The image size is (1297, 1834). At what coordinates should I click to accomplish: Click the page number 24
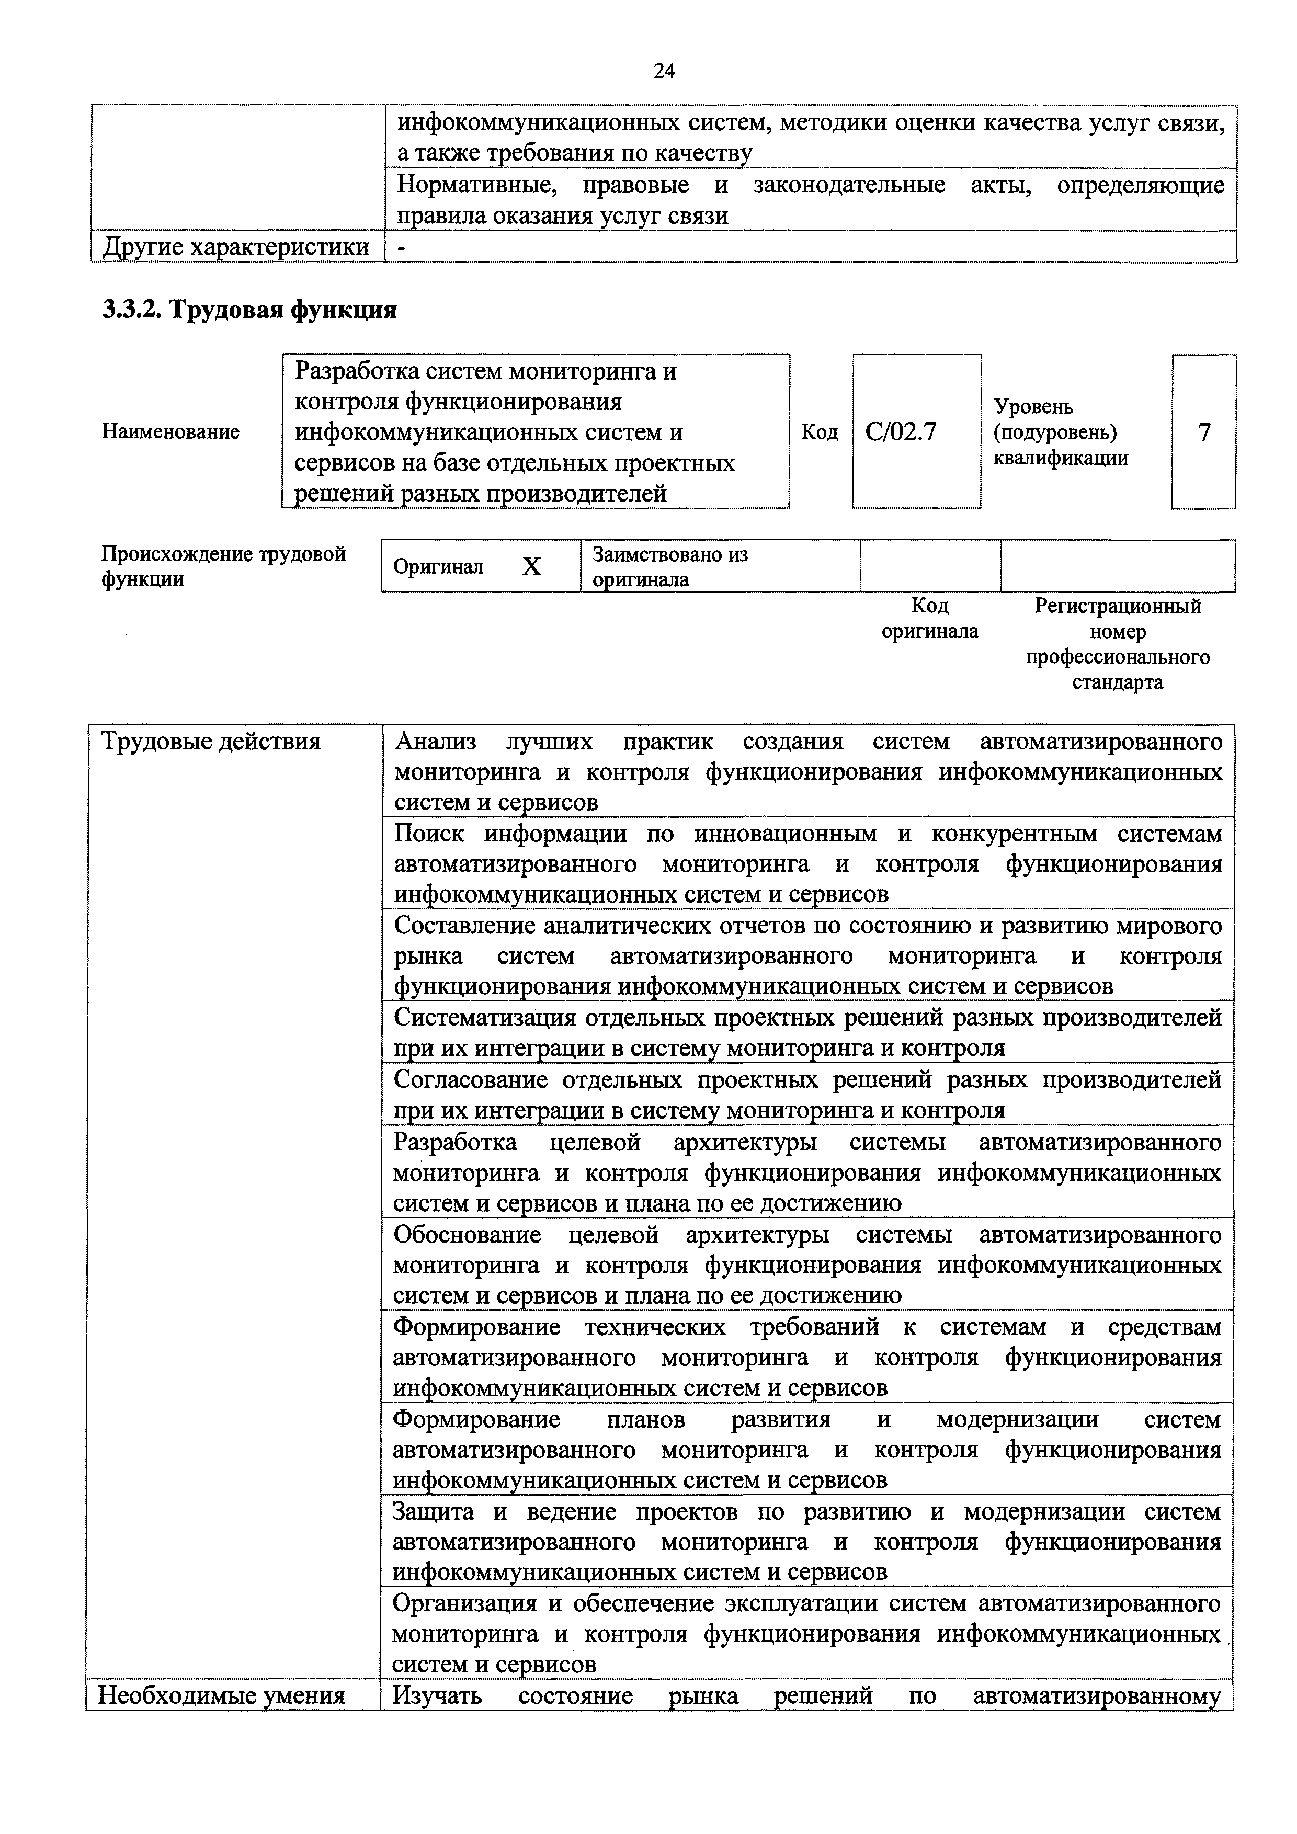pos(664,71)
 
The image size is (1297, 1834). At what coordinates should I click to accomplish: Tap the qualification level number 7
pos(1203,432)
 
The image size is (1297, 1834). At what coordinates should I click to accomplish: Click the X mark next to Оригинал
pos(531,566)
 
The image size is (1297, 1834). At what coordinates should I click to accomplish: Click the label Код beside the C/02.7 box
pos(820,432)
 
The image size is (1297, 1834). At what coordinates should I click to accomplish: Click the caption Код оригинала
pos(930,618)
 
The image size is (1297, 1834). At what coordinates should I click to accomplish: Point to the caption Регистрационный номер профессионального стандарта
pos(1117,644)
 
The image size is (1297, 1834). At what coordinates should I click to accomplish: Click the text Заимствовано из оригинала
pos(669,566)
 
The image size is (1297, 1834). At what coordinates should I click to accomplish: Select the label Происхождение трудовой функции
pos(224,566)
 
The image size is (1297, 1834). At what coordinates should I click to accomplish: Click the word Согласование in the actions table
pos(470,1080)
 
